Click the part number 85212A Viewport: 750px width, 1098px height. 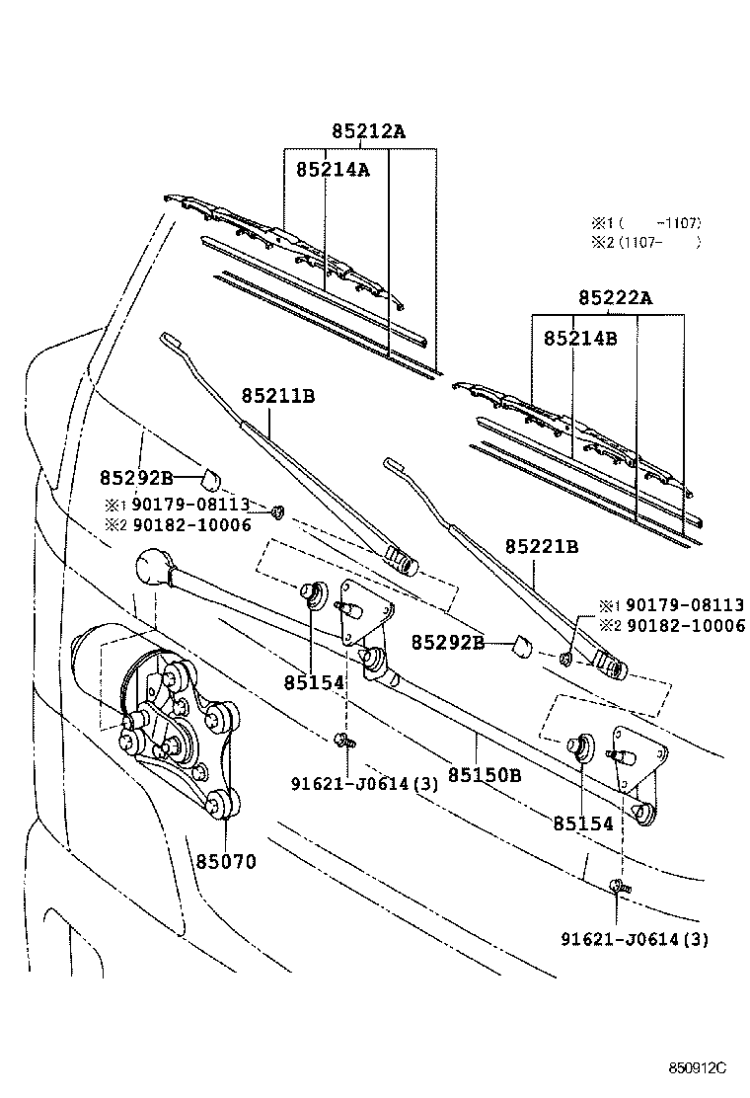coord(368,131)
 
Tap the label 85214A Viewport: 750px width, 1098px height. coord(333,170)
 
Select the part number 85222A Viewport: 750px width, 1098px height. coord(615,298)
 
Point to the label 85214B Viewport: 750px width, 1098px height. coord(580,339)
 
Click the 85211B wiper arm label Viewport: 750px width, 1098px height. coord(278,396)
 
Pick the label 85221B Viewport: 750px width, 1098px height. coord(542,547)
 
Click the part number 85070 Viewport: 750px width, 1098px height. coord(226,861)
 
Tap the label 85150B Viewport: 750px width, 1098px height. coord(485,775)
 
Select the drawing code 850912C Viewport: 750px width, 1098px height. coord(697,1068)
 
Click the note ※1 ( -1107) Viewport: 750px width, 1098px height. coord(646,223)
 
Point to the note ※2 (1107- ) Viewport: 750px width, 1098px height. coord(646,242)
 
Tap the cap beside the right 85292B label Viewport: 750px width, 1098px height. coord(521,645)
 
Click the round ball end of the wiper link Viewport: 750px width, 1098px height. coord(154,567)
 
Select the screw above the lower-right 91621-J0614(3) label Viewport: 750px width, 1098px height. coord(619,886)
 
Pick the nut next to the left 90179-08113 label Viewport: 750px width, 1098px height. coord(277,511)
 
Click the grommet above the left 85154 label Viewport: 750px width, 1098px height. coord(315,593)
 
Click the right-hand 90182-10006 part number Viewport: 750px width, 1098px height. coord(686,625)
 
